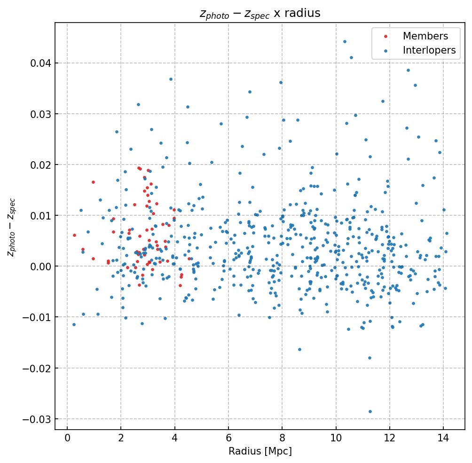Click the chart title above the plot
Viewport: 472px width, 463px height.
(260, 13)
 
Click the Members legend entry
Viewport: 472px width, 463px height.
(425, 36)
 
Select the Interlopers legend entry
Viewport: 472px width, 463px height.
(429, 50)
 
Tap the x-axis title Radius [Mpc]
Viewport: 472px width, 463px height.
(260, 451)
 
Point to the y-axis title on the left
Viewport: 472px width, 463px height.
(11, 227)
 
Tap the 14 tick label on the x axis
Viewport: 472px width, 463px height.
(443, 439)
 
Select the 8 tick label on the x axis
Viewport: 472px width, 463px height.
(282, 439)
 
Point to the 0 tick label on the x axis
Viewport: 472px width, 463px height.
(67, 439)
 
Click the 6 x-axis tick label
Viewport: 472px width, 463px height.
(228, 439)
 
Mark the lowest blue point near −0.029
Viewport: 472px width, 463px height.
(370, 411)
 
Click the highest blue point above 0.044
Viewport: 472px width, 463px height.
(345, 41)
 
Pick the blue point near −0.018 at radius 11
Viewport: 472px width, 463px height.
(370, 358)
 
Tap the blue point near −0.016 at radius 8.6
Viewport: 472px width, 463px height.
(299, 349)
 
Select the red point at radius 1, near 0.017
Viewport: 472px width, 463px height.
(93, 182)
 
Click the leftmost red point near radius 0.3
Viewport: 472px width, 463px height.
(74, 235)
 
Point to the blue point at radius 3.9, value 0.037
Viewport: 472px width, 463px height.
(171, 79)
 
